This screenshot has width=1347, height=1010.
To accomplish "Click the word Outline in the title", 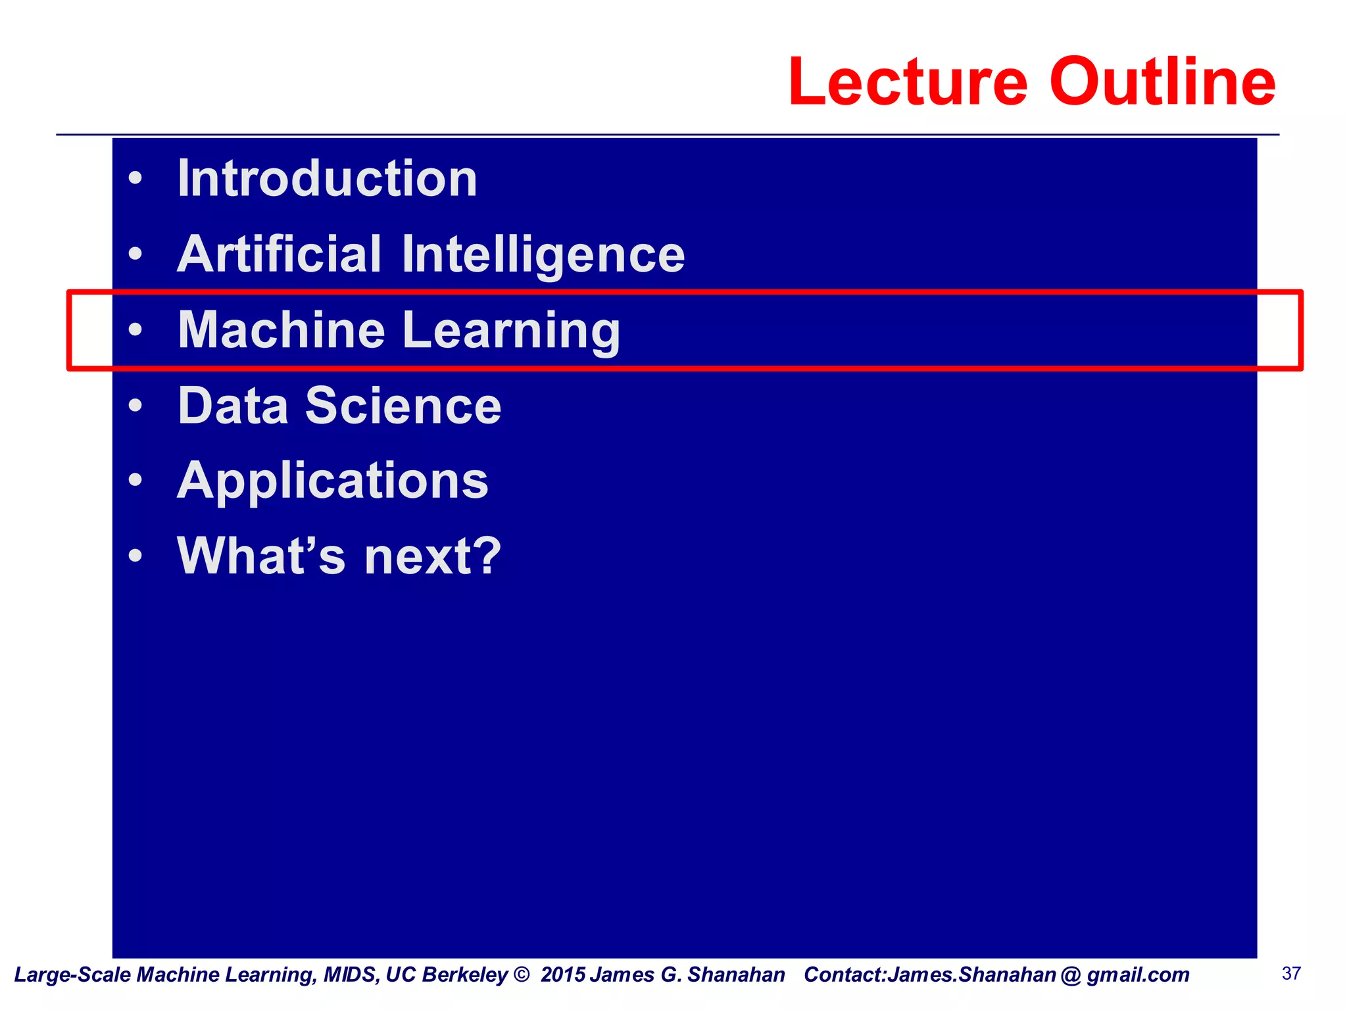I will tap(1162, 82).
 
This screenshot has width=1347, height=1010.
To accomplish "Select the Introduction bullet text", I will tap(328, 179).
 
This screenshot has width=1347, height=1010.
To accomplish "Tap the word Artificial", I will tap(280, 254).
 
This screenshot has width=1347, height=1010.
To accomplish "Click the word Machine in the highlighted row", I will tap(282, 330).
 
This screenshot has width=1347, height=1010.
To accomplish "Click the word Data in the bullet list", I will tap(233, 406).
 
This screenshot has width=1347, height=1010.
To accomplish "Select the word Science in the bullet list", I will tap(403, 406).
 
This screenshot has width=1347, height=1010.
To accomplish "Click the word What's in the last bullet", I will tap(261, 556).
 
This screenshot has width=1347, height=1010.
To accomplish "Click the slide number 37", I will tap(1291, 974).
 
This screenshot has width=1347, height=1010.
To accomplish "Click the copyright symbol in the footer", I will tap(522, 974).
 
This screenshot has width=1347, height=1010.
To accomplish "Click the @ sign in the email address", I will tap(1071, 975).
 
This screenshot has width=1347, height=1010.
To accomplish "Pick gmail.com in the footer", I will tap(1138, 975).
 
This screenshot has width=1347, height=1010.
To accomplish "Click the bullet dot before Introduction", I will tap(135, 179).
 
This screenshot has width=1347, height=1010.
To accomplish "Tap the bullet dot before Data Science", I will tap(135, 406).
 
